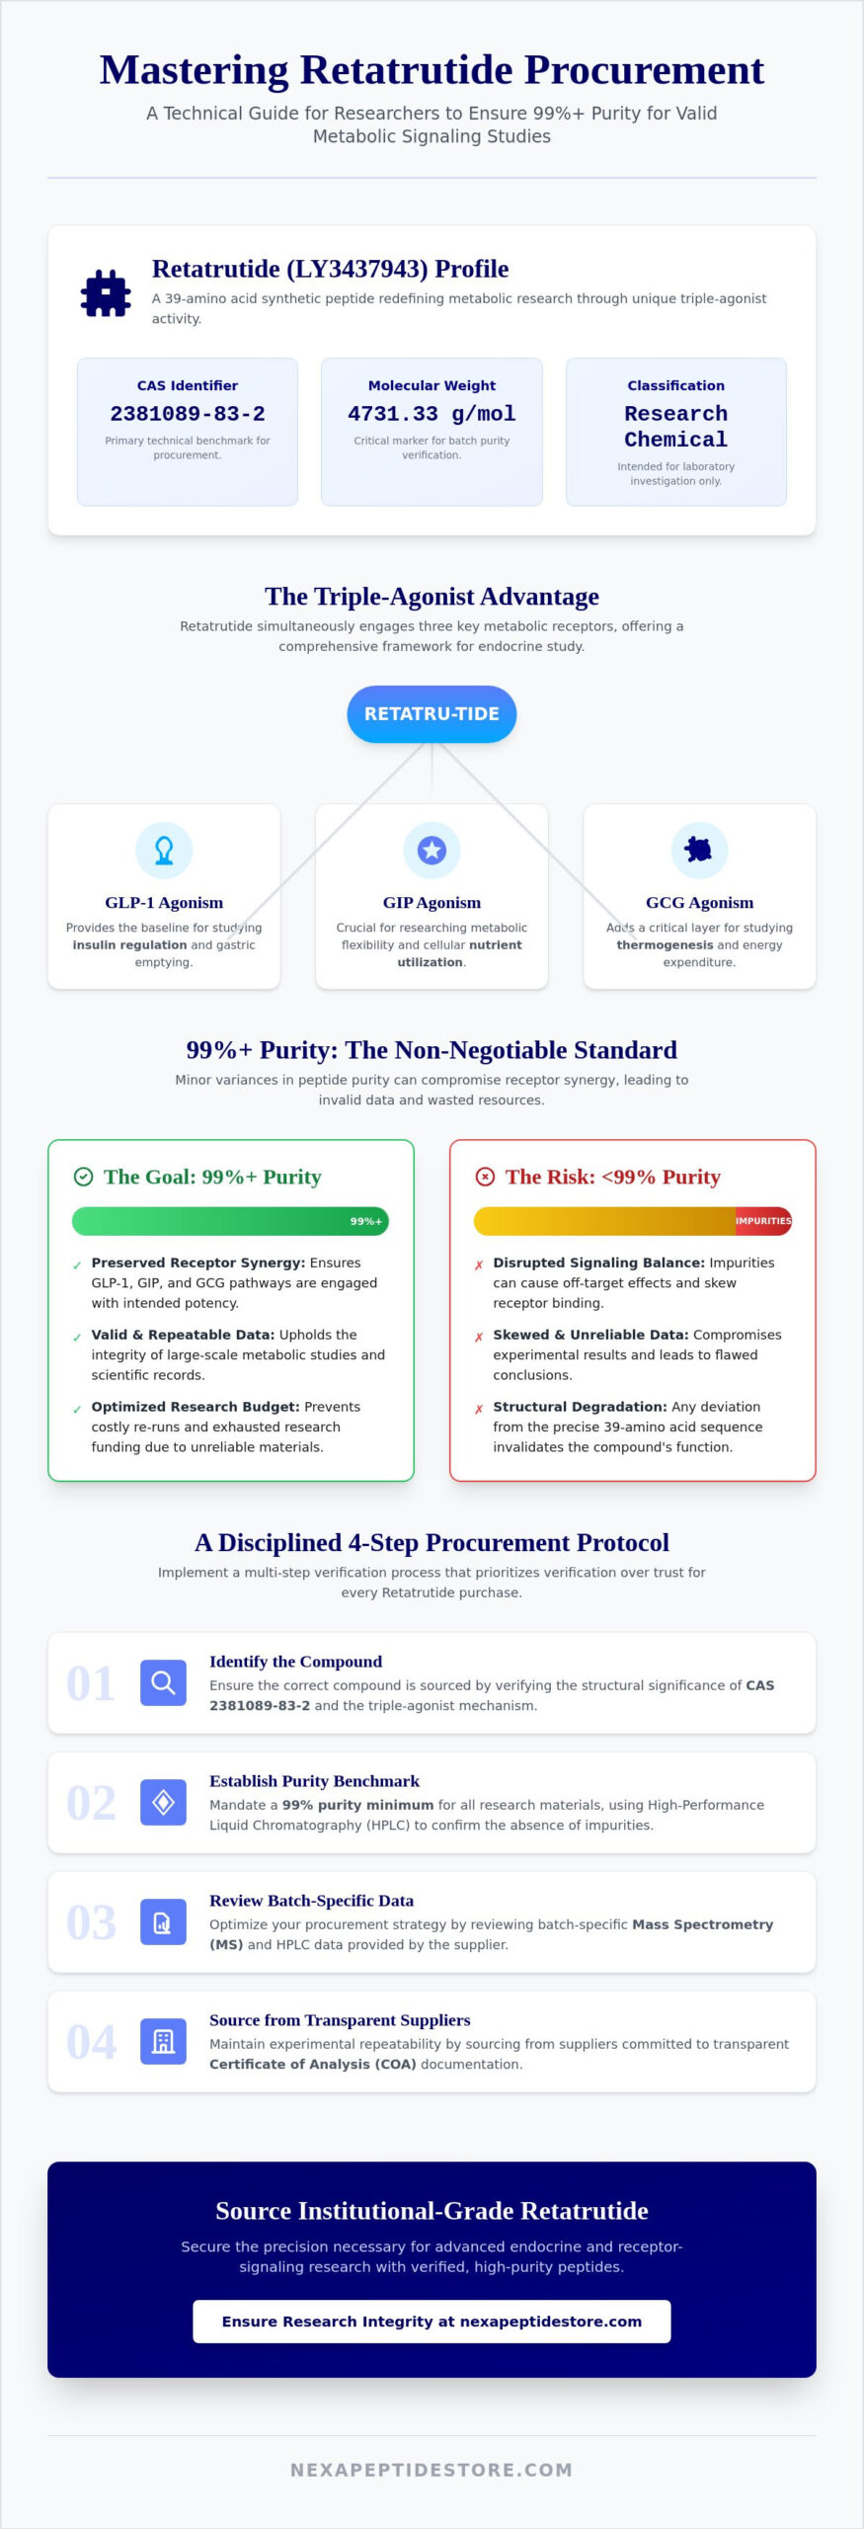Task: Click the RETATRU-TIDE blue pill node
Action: (432, 713)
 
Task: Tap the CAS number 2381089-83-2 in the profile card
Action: (188, 414)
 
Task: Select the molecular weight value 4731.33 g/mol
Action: (432, 414)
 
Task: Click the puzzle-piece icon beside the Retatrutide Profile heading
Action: (106, 293)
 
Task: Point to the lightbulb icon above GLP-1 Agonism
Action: (164, 850)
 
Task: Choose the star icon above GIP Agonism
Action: (432, 850)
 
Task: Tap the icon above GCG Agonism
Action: (699, 850)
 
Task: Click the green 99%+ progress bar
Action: (230, 1221)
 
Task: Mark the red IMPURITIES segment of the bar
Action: (763, 1221)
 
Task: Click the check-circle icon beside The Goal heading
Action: (84, 1177)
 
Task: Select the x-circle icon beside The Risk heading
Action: (485, 1177)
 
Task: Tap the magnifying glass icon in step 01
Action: (164, 1682)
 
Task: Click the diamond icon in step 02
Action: (164, 1802)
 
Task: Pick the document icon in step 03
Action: (164, 1921)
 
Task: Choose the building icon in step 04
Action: (164, 2041)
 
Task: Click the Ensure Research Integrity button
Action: (432, 2321)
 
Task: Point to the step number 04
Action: (91, 2042)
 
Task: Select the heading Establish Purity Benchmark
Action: (314, 1780)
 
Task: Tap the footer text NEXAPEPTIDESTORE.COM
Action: (432, 2470)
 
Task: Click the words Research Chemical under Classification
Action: (676, 427)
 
